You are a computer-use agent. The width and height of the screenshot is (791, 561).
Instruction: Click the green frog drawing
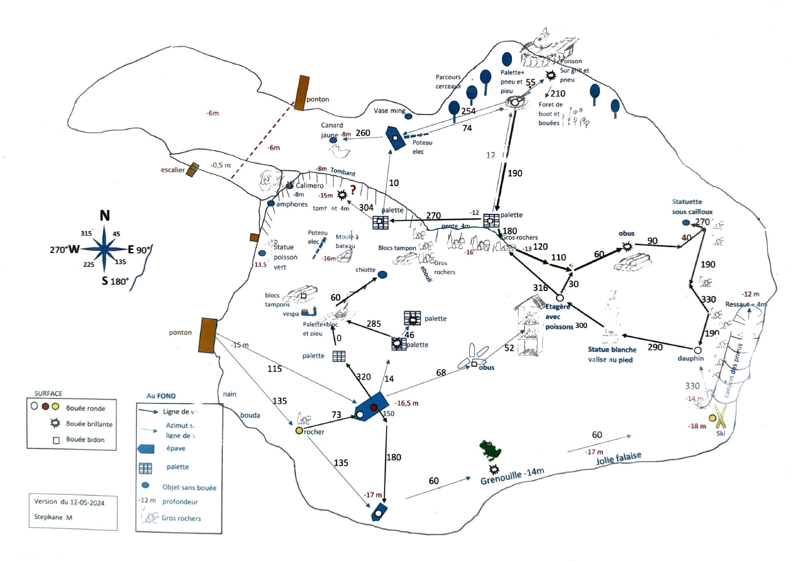coord(490,450)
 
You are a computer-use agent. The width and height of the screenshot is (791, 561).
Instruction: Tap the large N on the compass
coord(104,216)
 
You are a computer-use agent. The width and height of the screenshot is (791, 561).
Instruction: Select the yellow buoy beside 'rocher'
coord(299,431)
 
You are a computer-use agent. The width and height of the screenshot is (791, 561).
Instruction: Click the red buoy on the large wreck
coord(374,408)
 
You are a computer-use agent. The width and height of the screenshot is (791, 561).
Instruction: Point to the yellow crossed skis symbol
coord(721,417)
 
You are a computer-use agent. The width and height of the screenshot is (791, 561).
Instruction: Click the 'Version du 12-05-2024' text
coord(69,502)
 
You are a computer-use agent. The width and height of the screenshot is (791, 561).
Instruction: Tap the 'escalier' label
coord(173,170)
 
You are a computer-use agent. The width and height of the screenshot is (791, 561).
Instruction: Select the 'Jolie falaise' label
coord(618,458)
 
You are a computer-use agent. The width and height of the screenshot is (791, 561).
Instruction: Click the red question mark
coord(353,190)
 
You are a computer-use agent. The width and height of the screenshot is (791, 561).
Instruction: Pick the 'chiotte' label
coord(365,270)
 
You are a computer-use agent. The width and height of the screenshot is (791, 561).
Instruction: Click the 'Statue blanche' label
coord(612,349)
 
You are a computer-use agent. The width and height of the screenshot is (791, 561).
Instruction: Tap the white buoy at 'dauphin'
coord(697,350)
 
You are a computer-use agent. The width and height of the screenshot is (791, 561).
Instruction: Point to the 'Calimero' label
coord(309,185)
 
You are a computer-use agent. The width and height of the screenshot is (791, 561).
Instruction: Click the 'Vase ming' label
coord(389,111)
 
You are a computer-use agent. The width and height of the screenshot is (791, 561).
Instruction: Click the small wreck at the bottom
coord(379,513)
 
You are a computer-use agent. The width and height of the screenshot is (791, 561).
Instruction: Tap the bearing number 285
coord(374,324)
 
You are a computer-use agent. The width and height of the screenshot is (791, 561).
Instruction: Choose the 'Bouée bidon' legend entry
coord(85,439)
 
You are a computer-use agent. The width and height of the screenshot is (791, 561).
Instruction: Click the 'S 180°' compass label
coord(115,281)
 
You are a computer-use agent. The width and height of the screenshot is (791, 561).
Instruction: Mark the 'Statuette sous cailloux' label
coord(692,207)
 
